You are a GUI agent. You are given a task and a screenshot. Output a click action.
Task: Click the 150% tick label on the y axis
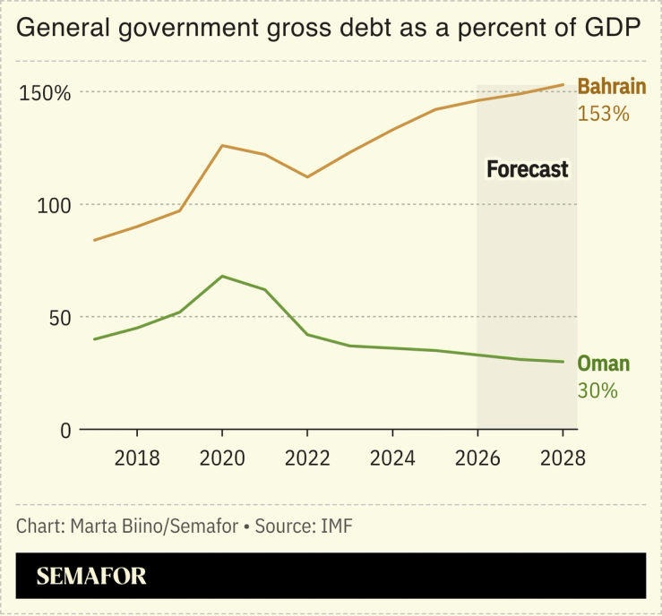point(44,92)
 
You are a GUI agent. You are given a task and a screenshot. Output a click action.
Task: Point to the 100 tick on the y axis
point(53,205)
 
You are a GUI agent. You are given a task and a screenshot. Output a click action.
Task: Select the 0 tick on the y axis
point(64,431)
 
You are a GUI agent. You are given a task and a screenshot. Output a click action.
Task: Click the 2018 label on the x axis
point(136,458)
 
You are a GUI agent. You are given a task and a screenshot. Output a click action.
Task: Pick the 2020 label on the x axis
point(221,458)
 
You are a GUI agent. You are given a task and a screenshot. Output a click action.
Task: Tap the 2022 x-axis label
point(306,458)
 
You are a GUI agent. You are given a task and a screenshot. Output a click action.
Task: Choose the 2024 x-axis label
point(391,458)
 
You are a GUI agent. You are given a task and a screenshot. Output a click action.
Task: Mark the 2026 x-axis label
point(477,458)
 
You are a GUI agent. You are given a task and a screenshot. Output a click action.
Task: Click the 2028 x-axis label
point(562,458)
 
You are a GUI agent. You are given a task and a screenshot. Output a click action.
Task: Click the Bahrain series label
point(611,87)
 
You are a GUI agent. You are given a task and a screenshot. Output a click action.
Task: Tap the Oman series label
point(603,364)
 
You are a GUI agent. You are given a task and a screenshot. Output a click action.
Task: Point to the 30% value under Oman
point(598,390)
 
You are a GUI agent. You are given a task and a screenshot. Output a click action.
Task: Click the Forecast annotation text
point(527,169)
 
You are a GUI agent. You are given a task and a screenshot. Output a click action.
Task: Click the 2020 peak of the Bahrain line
point(221,145)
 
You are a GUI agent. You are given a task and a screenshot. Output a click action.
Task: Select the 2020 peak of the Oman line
point(221,276)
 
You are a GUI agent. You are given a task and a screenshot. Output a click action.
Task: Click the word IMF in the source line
point(336,525)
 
